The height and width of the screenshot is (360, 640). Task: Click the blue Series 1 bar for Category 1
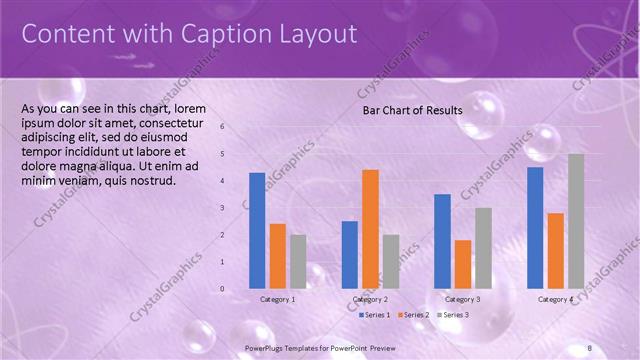[257, 231]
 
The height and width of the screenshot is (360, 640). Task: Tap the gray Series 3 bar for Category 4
[575, 221]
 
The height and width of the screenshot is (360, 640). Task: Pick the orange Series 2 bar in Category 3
[462, 264]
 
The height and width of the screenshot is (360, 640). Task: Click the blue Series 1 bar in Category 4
[535, 228]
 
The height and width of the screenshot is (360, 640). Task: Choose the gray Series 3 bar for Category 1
[298, 262]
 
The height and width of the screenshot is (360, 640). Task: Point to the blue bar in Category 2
[349, 255]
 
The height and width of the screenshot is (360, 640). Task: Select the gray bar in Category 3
[483, 248]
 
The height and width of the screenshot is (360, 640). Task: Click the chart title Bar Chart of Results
[412, 110]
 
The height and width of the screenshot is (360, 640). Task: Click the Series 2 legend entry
[412, 315]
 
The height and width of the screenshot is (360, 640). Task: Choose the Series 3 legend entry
[452, 315]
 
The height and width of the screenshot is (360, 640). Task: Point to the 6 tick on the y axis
[222, 127]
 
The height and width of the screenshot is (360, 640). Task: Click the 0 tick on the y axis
[222, 289]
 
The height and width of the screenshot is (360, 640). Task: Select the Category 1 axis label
[277, 300]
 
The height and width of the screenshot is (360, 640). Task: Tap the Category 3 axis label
[462, 300]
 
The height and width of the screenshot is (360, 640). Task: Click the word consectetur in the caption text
[169, 122]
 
